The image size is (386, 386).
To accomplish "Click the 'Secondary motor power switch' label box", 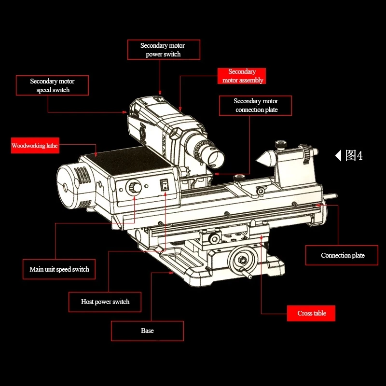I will tap(164, 50).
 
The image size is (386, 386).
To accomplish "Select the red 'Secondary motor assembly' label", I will tap(242, 76).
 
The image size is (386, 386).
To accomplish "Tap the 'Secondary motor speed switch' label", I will tap(53, 85).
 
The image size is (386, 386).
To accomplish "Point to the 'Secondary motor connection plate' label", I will tap(256, 105).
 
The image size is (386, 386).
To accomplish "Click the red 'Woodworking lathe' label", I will tap(35, 146).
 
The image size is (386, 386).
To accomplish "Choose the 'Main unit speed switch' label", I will tap(59, 269).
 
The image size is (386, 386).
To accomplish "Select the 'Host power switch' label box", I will tap(105, 302).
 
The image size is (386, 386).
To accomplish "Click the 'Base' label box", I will tap(147, 331).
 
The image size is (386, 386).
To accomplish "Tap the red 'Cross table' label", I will tap(311, 313).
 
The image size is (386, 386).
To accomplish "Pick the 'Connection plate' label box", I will tap(343, 255).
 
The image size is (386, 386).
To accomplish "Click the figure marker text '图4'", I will tap(354, 155).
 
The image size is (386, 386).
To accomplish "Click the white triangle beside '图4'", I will tap(338, 155).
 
